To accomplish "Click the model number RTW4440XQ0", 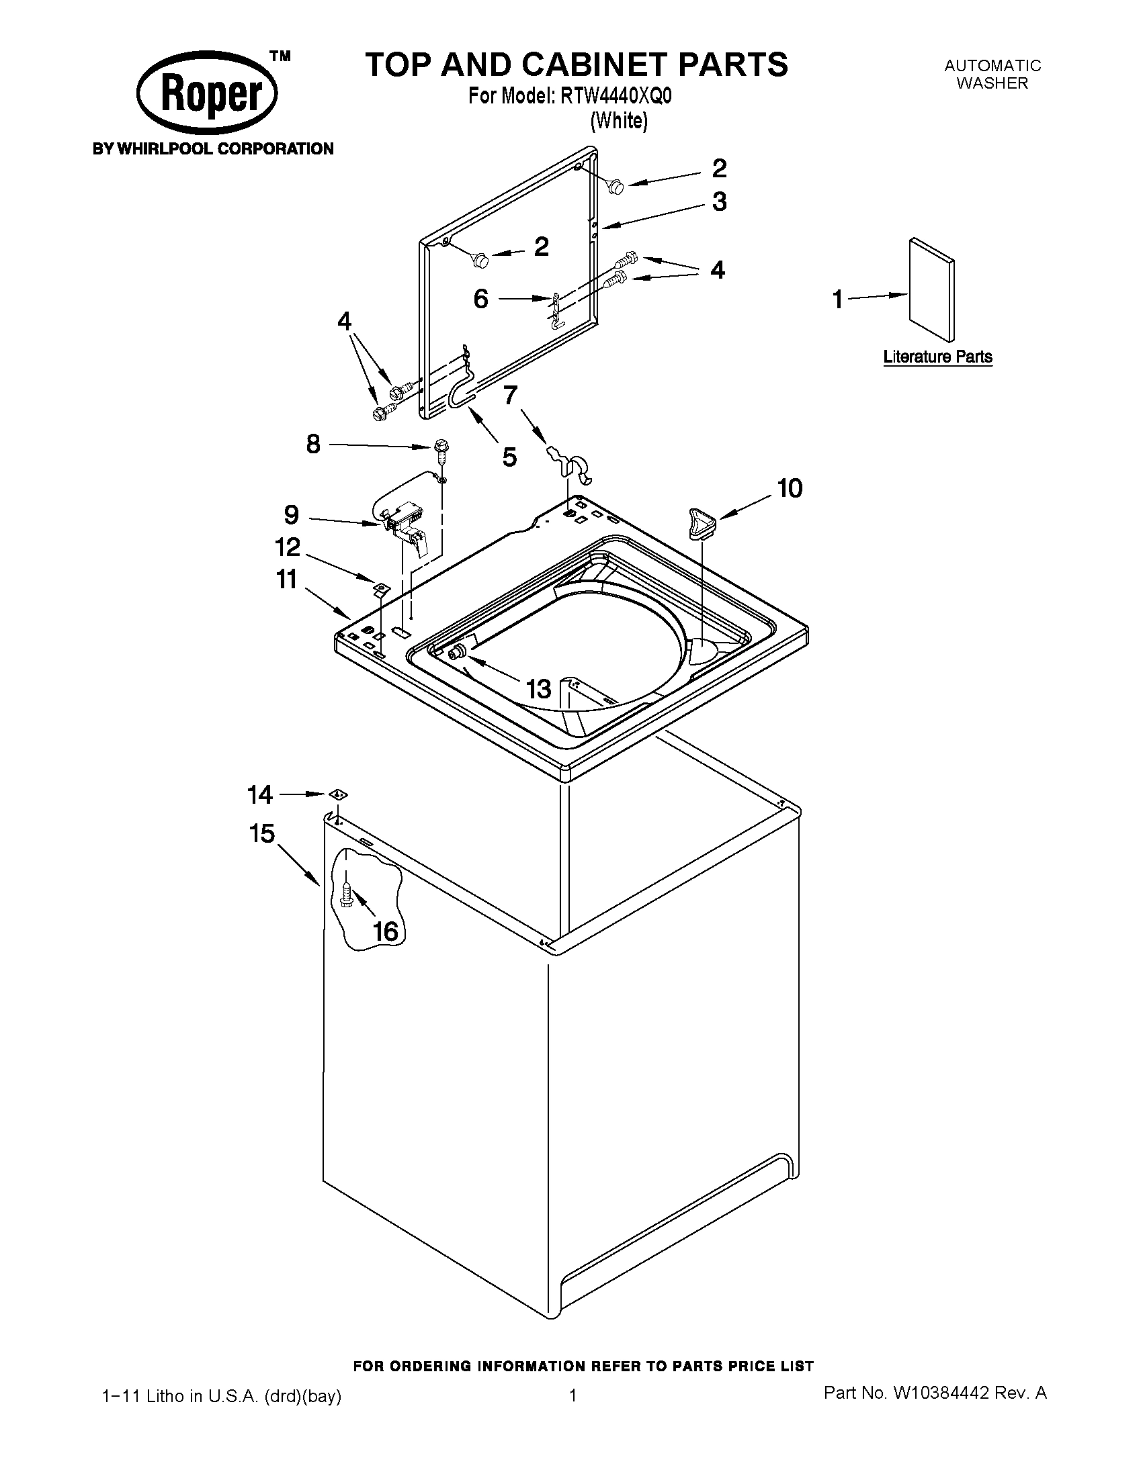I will (616, 97).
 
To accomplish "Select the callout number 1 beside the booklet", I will (838, 298).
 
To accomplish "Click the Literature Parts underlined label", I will (937, 357).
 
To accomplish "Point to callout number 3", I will (719, 201).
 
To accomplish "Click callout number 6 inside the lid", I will (480, 298).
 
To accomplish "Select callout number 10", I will (790, 488).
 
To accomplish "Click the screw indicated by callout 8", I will (441, 450).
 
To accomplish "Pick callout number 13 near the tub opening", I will (539, 689).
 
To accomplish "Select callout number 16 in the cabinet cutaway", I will (385, 931).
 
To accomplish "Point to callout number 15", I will (261, 834).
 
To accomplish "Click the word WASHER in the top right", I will (992, 83).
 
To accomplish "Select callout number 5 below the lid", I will (509, 457).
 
